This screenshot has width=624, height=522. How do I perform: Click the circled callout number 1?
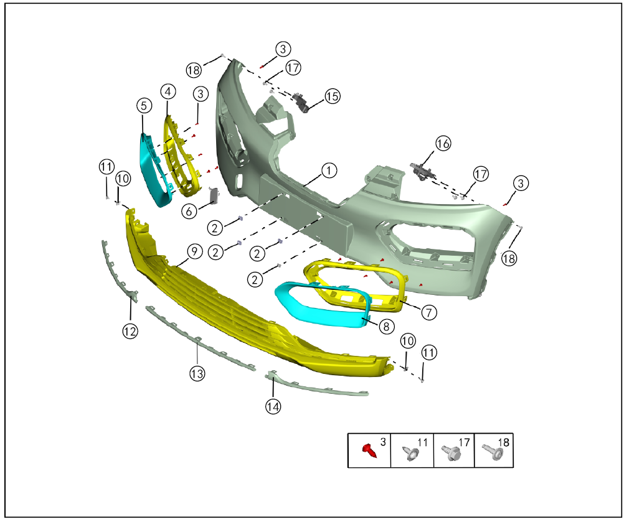329,170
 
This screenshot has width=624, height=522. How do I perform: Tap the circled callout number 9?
194,251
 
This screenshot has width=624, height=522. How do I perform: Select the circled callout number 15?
333,96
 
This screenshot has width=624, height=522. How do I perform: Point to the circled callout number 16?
443,143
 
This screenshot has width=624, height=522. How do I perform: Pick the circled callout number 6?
189,211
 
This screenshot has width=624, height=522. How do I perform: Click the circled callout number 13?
197,373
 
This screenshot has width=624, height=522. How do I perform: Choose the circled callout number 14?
273,406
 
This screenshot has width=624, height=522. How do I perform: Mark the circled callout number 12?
130,331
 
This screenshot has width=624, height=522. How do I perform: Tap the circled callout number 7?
428,312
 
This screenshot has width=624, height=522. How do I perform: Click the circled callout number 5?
144,106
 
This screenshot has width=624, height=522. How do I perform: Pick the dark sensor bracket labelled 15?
302,102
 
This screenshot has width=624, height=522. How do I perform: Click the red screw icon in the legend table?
369,451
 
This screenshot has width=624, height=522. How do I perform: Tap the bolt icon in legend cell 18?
492,451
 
